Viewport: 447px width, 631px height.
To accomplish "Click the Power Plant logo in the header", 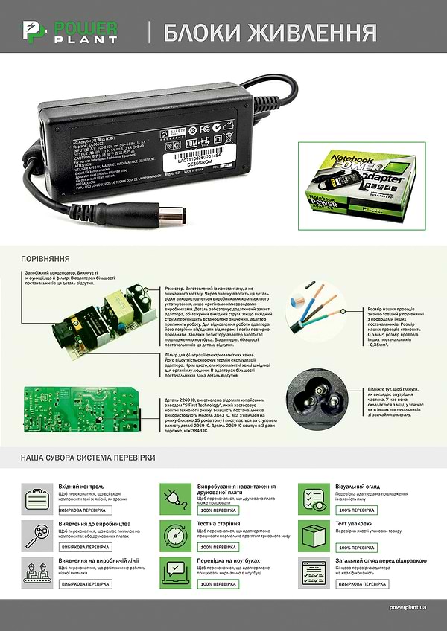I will pos(69,31).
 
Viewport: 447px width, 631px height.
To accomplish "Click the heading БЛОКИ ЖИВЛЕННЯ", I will pos(269,33).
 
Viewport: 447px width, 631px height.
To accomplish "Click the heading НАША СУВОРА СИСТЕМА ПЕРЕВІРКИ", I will pos(88,456).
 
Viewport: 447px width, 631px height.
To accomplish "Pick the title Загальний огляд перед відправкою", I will pos(381,560).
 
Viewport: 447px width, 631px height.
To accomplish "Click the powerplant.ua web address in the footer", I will pos(408,608).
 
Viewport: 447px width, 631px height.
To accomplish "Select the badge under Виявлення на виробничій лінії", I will pos(85,584).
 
